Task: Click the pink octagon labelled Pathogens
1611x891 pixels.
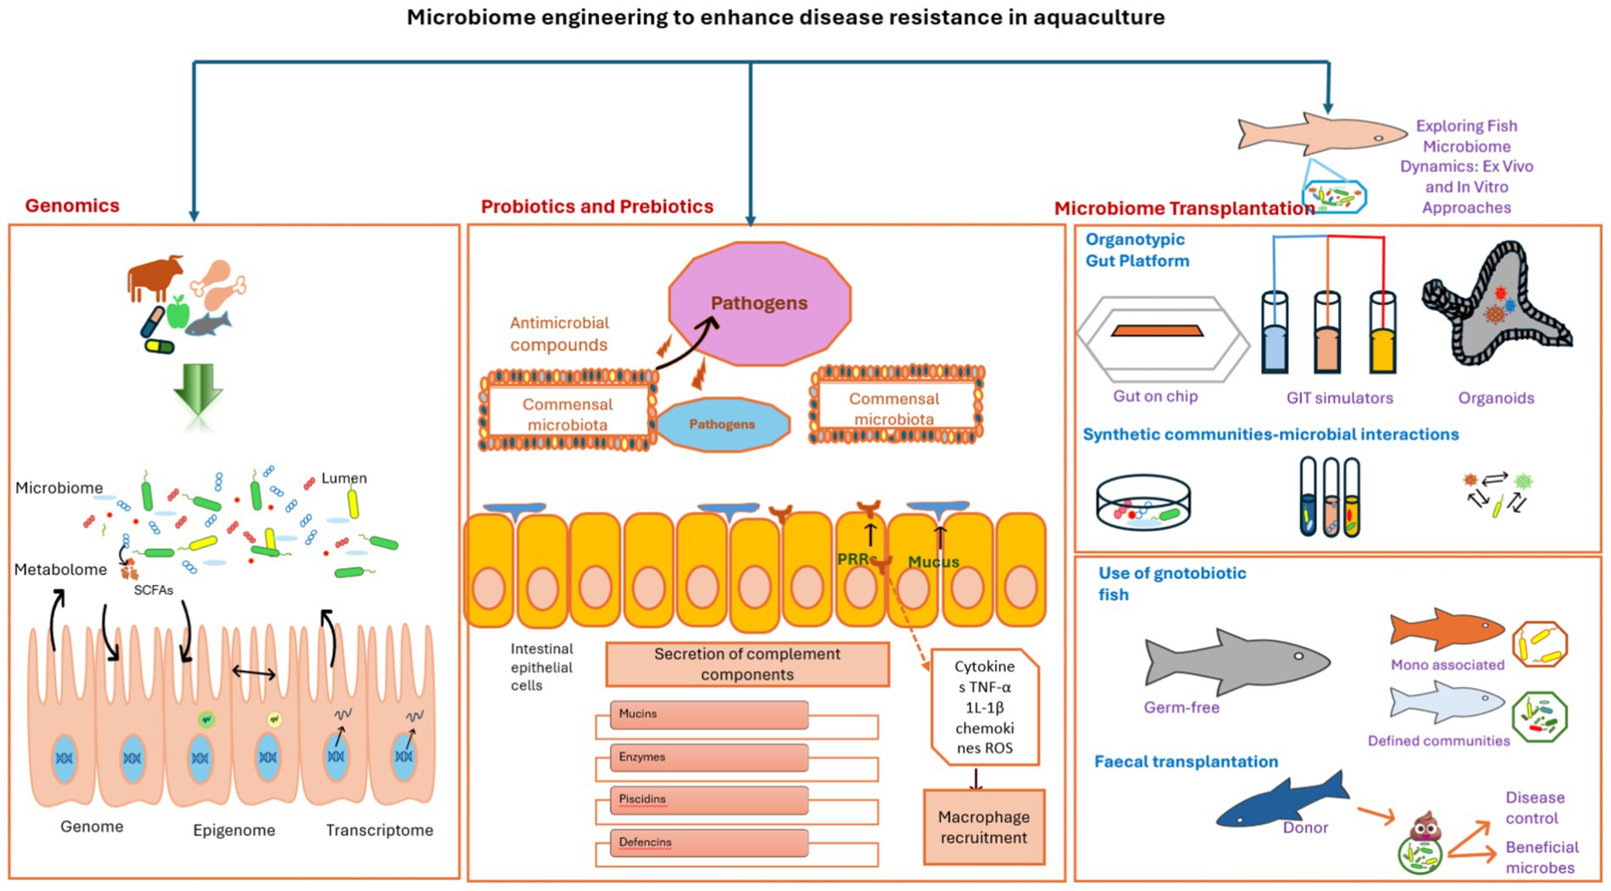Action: [759, 303]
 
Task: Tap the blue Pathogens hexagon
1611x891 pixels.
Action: [722, 423]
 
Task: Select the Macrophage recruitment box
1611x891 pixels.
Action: [983, 827]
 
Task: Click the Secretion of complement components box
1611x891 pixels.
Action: [747, 664]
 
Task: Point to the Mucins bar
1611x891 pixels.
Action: [708, 714]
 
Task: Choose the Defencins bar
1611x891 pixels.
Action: [708, 843]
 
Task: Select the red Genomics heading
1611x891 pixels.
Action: [72, 205]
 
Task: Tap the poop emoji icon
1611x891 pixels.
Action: [1425, 827]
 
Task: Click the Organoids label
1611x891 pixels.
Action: [1496, 397]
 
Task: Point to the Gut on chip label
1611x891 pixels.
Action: [1155, 396]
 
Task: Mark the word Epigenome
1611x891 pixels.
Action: [234, 830]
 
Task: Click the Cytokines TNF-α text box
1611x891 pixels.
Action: [984, 707]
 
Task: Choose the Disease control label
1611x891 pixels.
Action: [1534, 807]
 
